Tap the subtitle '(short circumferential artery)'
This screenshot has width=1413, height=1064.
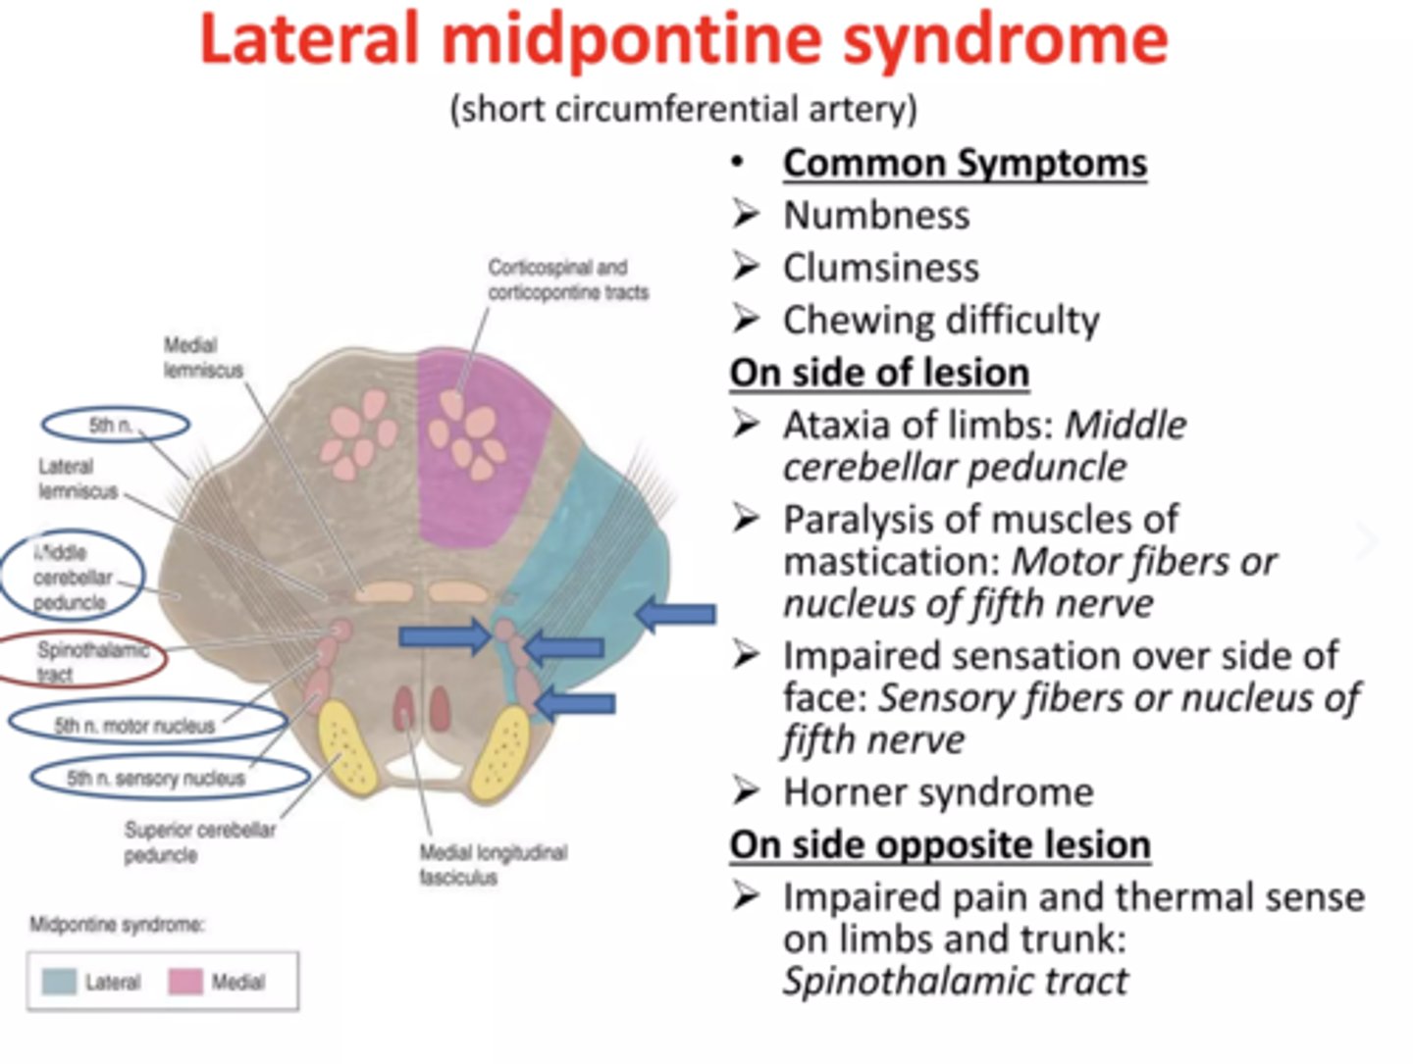[x=684, y=108]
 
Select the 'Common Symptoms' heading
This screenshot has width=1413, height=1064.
[x=965, y=163]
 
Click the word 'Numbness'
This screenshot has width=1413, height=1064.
[x=876, y=215]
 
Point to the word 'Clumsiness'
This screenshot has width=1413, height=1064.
[x=880, y=267]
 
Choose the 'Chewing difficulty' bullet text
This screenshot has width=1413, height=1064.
[x=941, y=320]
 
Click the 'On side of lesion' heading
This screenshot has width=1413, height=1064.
[x=879, y=373]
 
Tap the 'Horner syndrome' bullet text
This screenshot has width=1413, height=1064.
[x=938, y=791]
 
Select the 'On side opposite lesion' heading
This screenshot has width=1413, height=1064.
[x=939, y=844]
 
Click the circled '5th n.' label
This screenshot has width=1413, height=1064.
[x=114, y=425]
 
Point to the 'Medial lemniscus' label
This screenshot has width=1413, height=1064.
[x=203, y=358]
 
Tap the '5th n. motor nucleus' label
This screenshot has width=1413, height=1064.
[x=135, y=726]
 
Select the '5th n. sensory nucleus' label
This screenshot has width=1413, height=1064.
[x=156, y=779]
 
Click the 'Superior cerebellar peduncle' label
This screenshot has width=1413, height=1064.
[x=199, y=842]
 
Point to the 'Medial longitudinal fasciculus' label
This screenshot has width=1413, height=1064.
[x=493, y=865]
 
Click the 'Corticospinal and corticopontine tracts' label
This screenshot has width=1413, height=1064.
[x=568, y=279]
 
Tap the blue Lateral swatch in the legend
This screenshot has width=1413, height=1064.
[x=60, y=982]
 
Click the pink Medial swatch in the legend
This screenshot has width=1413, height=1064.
[x=186, y=982]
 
